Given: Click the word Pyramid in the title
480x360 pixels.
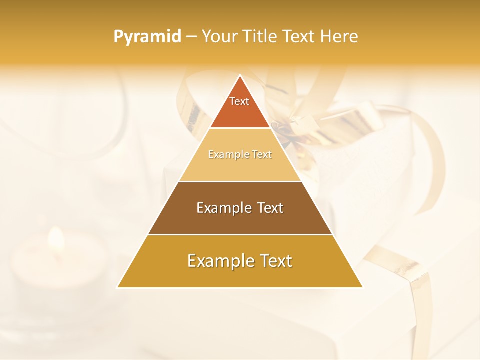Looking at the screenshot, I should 147,36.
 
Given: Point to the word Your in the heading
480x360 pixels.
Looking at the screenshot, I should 218,36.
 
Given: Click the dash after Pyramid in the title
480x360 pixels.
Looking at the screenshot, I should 191,36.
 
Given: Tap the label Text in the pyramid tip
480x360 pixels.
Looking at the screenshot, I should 239,101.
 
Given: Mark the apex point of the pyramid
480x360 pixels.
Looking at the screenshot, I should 240,75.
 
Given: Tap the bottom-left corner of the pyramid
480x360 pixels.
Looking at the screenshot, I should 118,287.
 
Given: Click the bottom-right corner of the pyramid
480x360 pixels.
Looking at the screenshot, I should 362,287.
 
